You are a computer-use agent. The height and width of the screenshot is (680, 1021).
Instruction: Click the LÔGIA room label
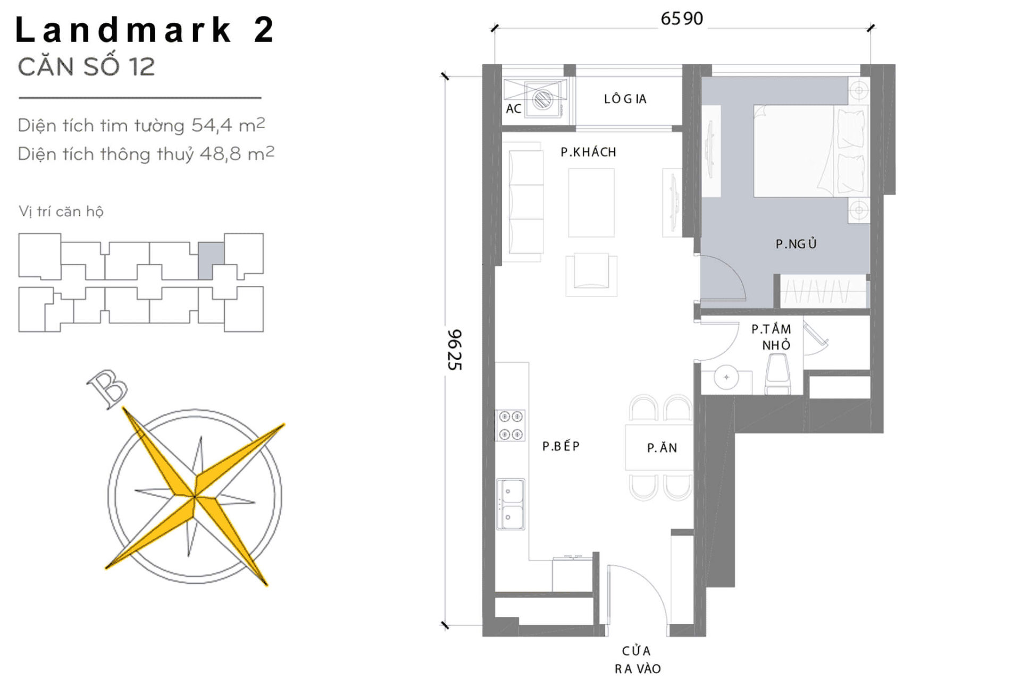625,99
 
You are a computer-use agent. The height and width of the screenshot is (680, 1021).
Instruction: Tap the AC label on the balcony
513,109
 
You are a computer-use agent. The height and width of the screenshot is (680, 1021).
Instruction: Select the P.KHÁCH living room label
588,152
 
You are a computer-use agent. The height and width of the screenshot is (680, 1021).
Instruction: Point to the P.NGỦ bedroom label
796,244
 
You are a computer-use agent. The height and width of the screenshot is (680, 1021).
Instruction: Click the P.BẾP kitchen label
560,446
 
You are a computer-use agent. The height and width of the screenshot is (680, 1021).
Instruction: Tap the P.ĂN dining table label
662,448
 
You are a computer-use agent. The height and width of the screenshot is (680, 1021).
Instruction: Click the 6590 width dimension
681,19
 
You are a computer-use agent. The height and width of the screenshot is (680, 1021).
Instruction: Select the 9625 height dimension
455,350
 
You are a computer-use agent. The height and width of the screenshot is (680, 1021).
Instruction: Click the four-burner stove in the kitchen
510,426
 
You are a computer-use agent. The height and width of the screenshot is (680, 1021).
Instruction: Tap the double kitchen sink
510,504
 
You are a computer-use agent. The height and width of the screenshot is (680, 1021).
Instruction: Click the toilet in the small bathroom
777,374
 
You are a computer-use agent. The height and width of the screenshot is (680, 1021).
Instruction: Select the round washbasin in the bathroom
726,377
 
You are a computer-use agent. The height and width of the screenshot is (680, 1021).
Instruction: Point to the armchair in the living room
591,273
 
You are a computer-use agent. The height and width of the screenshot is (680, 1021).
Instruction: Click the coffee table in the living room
591,202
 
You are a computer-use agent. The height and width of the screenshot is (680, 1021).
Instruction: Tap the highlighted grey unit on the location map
211,260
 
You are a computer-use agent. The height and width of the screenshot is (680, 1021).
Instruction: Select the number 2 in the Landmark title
264,30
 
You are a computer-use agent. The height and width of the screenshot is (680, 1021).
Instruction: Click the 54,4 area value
212,125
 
